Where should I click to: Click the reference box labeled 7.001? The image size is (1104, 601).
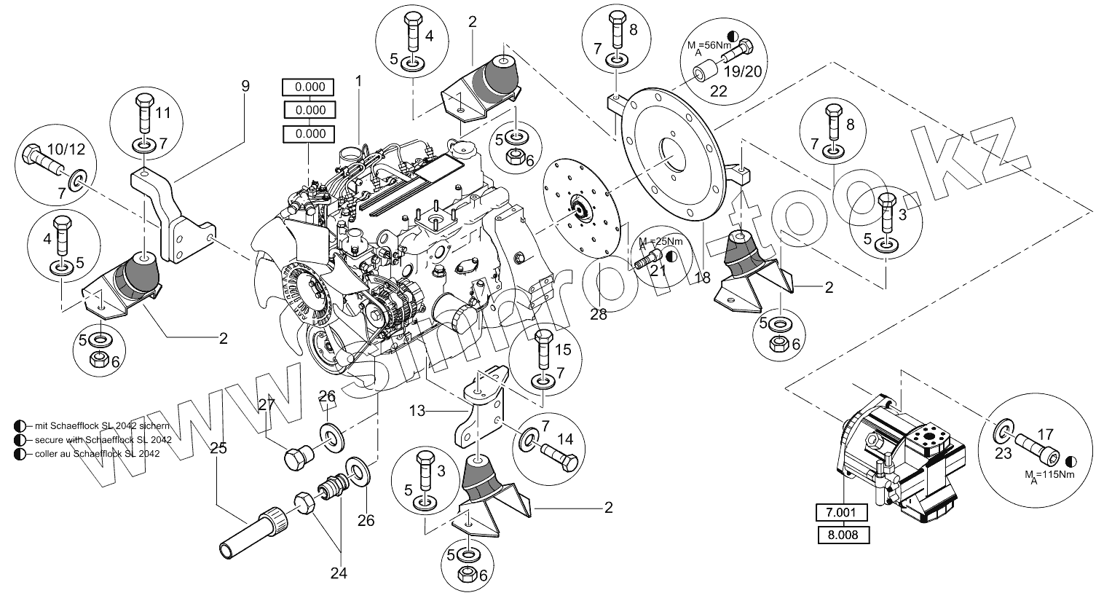click(x=840, y=514)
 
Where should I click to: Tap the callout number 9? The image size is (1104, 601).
click(x=245, y=86)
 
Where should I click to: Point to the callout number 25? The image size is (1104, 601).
click(x=218, y=449)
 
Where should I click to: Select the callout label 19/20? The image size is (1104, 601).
click(x=742, y=72)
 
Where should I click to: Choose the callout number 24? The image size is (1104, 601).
click(x=338, y=573)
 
